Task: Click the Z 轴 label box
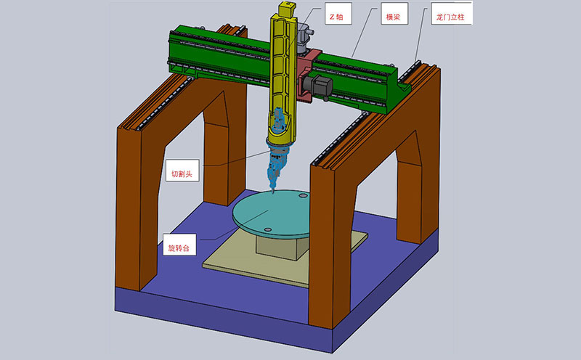point(338,14)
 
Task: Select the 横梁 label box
point(394,14)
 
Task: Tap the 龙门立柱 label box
point(451,13)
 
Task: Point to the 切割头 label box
point(182,171)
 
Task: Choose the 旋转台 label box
point(179,245)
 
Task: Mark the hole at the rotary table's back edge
point(303,195)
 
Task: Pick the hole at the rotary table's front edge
point(267,229)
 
